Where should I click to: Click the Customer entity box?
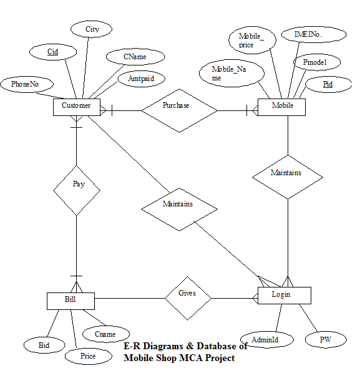(x=76, y=106)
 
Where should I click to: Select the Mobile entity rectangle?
(x=283, y=106)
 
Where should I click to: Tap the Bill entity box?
(x=71, y=301)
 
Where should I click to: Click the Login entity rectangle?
(x=283, y=294)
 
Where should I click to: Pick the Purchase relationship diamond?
(x=179, y=110)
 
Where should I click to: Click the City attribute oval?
(x=92, y=29)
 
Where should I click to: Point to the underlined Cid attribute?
(x=53, y=52)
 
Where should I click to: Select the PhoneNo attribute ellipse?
(x=27, y=84)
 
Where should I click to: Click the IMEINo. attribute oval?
(x=309, y=36)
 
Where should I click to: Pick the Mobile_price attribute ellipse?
(x=251, y=41)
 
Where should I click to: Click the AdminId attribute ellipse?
(x=259, y=339)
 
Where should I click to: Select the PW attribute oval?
(x=325, y=340)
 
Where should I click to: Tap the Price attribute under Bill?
(x=88, y=356)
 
